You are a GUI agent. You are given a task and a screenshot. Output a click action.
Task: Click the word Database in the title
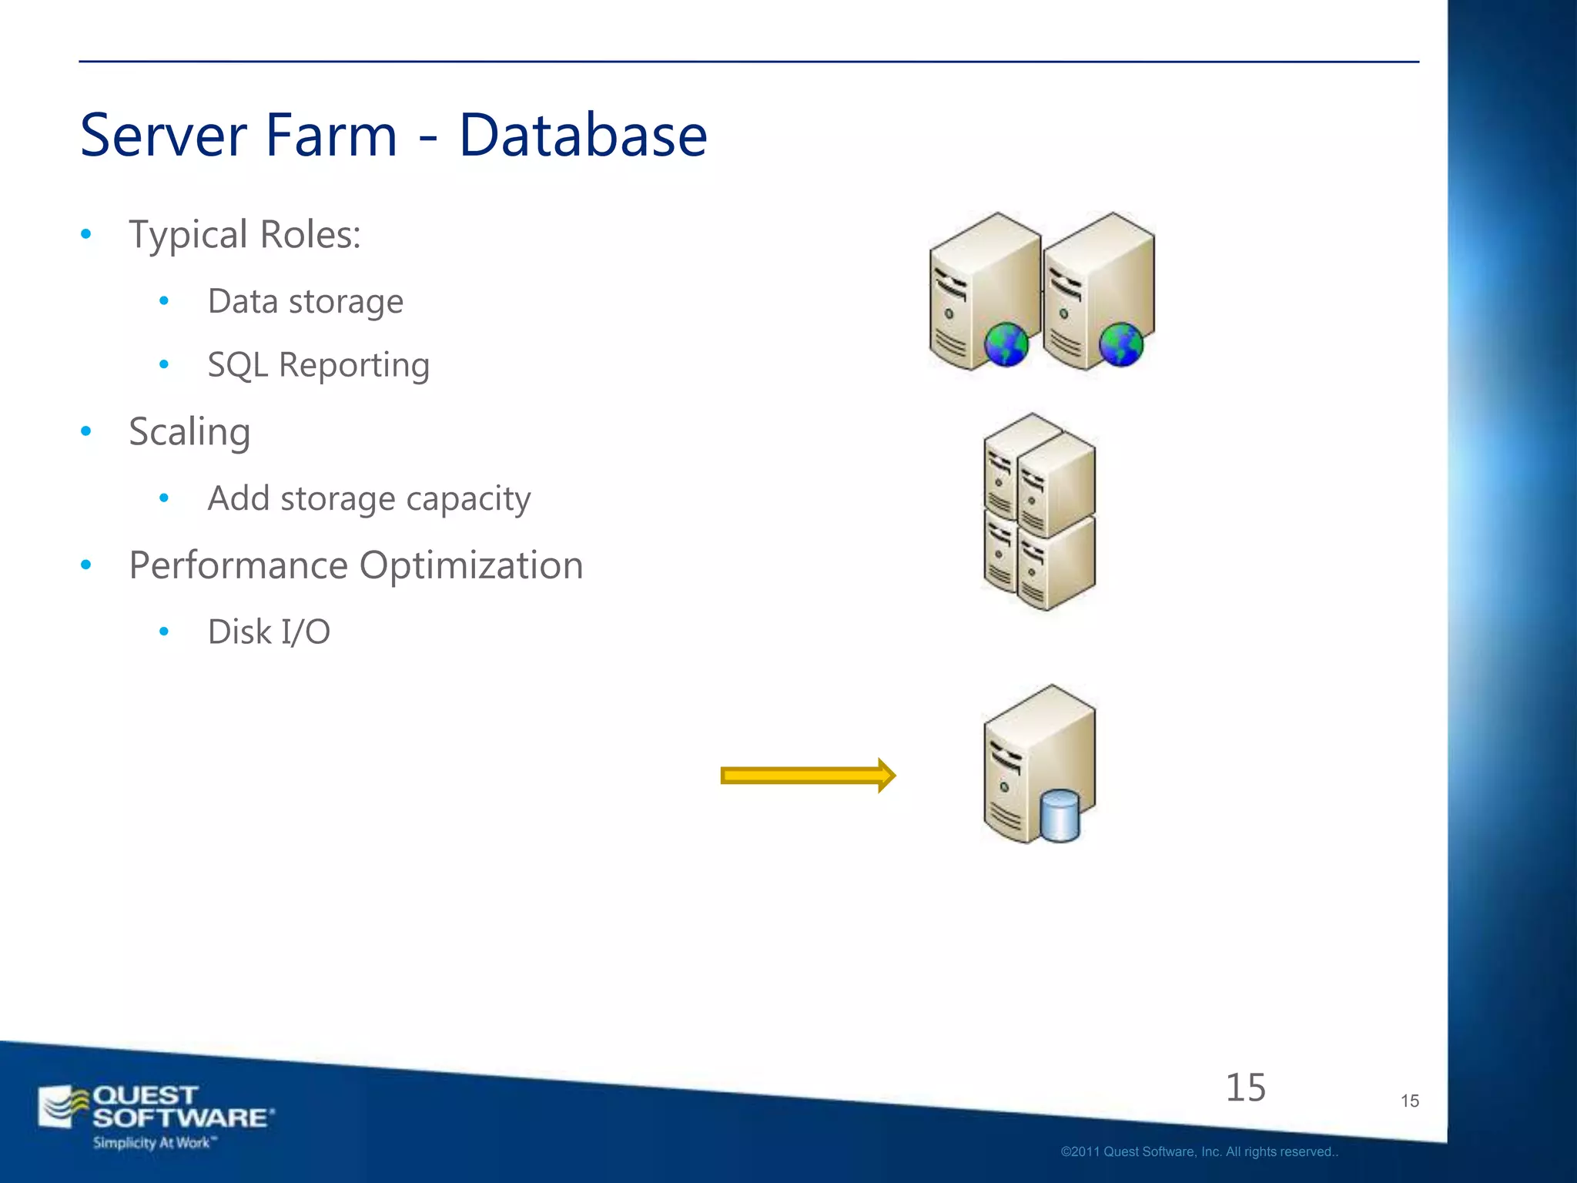(x=583, y=136)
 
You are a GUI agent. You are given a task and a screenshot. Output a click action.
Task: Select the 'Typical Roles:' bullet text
(x=245, y=234)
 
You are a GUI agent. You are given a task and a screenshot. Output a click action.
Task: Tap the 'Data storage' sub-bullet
(x=305, y=301)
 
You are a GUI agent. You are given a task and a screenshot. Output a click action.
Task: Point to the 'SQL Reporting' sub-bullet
(x=318, y=365)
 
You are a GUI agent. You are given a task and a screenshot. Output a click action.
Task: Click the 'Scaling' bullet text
(x=189, y=431)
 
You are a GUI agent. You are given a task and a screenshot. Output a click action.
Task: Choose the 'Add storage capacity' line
(x=369, y=498)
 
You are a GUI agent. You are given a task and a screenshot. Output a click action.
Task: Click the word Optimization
(x=470, y=565)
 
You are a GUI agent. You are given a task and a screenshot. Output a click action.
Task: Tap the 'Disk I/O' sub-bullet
(x=269, y=632)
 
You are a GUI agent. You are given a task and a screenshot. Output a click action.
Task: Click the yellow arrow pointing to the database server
(x=807, y=776)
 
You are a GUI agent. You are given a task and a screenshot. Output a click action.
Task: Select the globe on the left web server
(x=1006, y=344)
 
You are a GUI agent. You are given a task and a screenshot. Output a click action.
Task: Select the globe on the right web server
(x=1120, y=344)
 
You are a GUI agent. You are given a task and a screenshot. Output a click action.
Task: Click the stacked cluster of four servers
(x=1040, y=512)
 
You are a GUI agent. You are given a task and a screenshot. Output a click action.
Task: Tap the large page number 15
(x=1245, y=1087)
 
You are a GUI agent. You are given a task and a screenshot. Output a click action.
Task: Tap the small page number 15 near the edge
(x=1409, y=1101)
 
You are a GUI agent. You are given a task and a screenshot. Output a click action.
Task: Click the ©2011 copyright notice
(x=1199, y=1152)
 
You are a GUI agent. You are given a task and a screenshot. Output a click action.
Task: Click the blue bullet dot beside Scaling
(x=86, y=431)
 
